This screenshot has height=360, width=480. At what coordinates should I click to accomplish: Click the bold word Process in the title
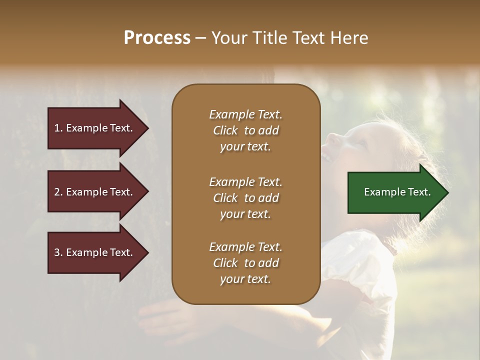(157, 38)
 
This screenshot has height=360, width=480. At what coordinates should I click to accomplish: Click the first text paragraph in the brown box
(245, 130)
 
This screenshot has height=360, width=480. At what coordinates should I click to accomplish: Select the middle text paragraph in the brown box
(245, 198)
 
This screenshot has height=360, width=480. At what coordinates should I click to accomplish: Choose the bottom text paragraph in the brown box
(245, 263)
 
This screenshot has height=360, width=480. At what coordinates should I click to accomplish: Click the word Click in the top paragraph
(225, 130)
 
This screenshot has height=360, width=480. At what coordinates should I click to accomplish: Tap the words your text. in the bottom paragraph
(245, 279)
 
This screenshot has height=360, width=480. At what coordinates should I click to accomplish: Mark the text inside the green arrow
(397, 192)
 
